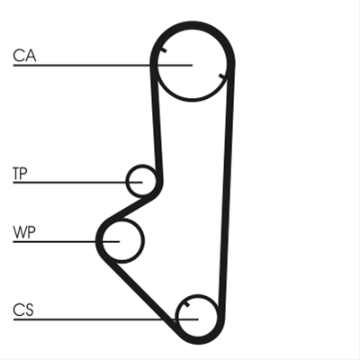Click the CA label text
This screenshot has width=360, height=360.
pos(24,56)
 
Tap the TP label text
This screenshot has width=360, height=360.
pos(20,174)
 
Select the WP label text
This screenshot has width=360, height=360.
pos(24,232)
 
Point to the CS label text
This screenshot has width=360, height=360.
pos(23,310)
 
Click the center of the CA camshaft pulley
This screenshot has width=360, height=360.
pos(193,65)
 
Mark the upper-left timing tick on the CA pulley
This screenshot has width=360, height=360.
pos(164,50)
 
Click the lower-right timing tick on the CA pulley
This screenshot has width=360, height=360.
pos(221,76)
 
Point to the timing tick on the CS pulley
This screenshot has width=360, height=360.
pos(186,304)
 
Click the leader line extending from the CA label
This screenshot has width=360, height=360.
pos(103,65)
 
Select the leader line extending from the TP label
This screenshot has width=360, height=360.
pos(77,182)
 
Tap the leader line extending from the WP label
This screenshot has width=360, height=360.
pos(67,241)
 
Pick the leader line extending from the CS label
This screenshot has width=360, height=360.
pos(105,319)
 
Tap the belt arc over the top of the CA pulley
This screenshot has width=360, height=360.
pos(193,24)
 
